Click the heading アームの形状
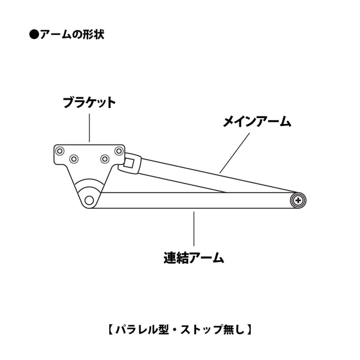72,35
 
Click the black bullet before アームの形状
34,35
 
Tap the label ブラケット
89,103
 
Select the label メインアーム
257,121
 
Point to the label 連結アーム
194,257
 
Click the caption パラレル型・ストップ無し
180,329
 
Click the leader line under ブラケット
89,128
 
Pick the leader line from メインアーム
235,153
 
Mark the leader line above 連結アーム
194,229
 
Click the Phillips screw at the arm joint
298,200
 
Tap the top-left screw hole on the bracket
59,151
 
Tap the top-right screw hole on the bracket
119,151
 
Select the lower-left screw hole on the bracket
74,158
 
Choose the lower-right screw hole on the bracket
104,158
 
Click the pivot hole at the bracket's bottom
89,200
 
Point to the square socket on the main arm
128,163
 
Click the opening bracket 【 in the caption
110,329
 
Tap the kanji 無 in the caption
229,329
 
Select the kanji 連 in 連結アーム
170,257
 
